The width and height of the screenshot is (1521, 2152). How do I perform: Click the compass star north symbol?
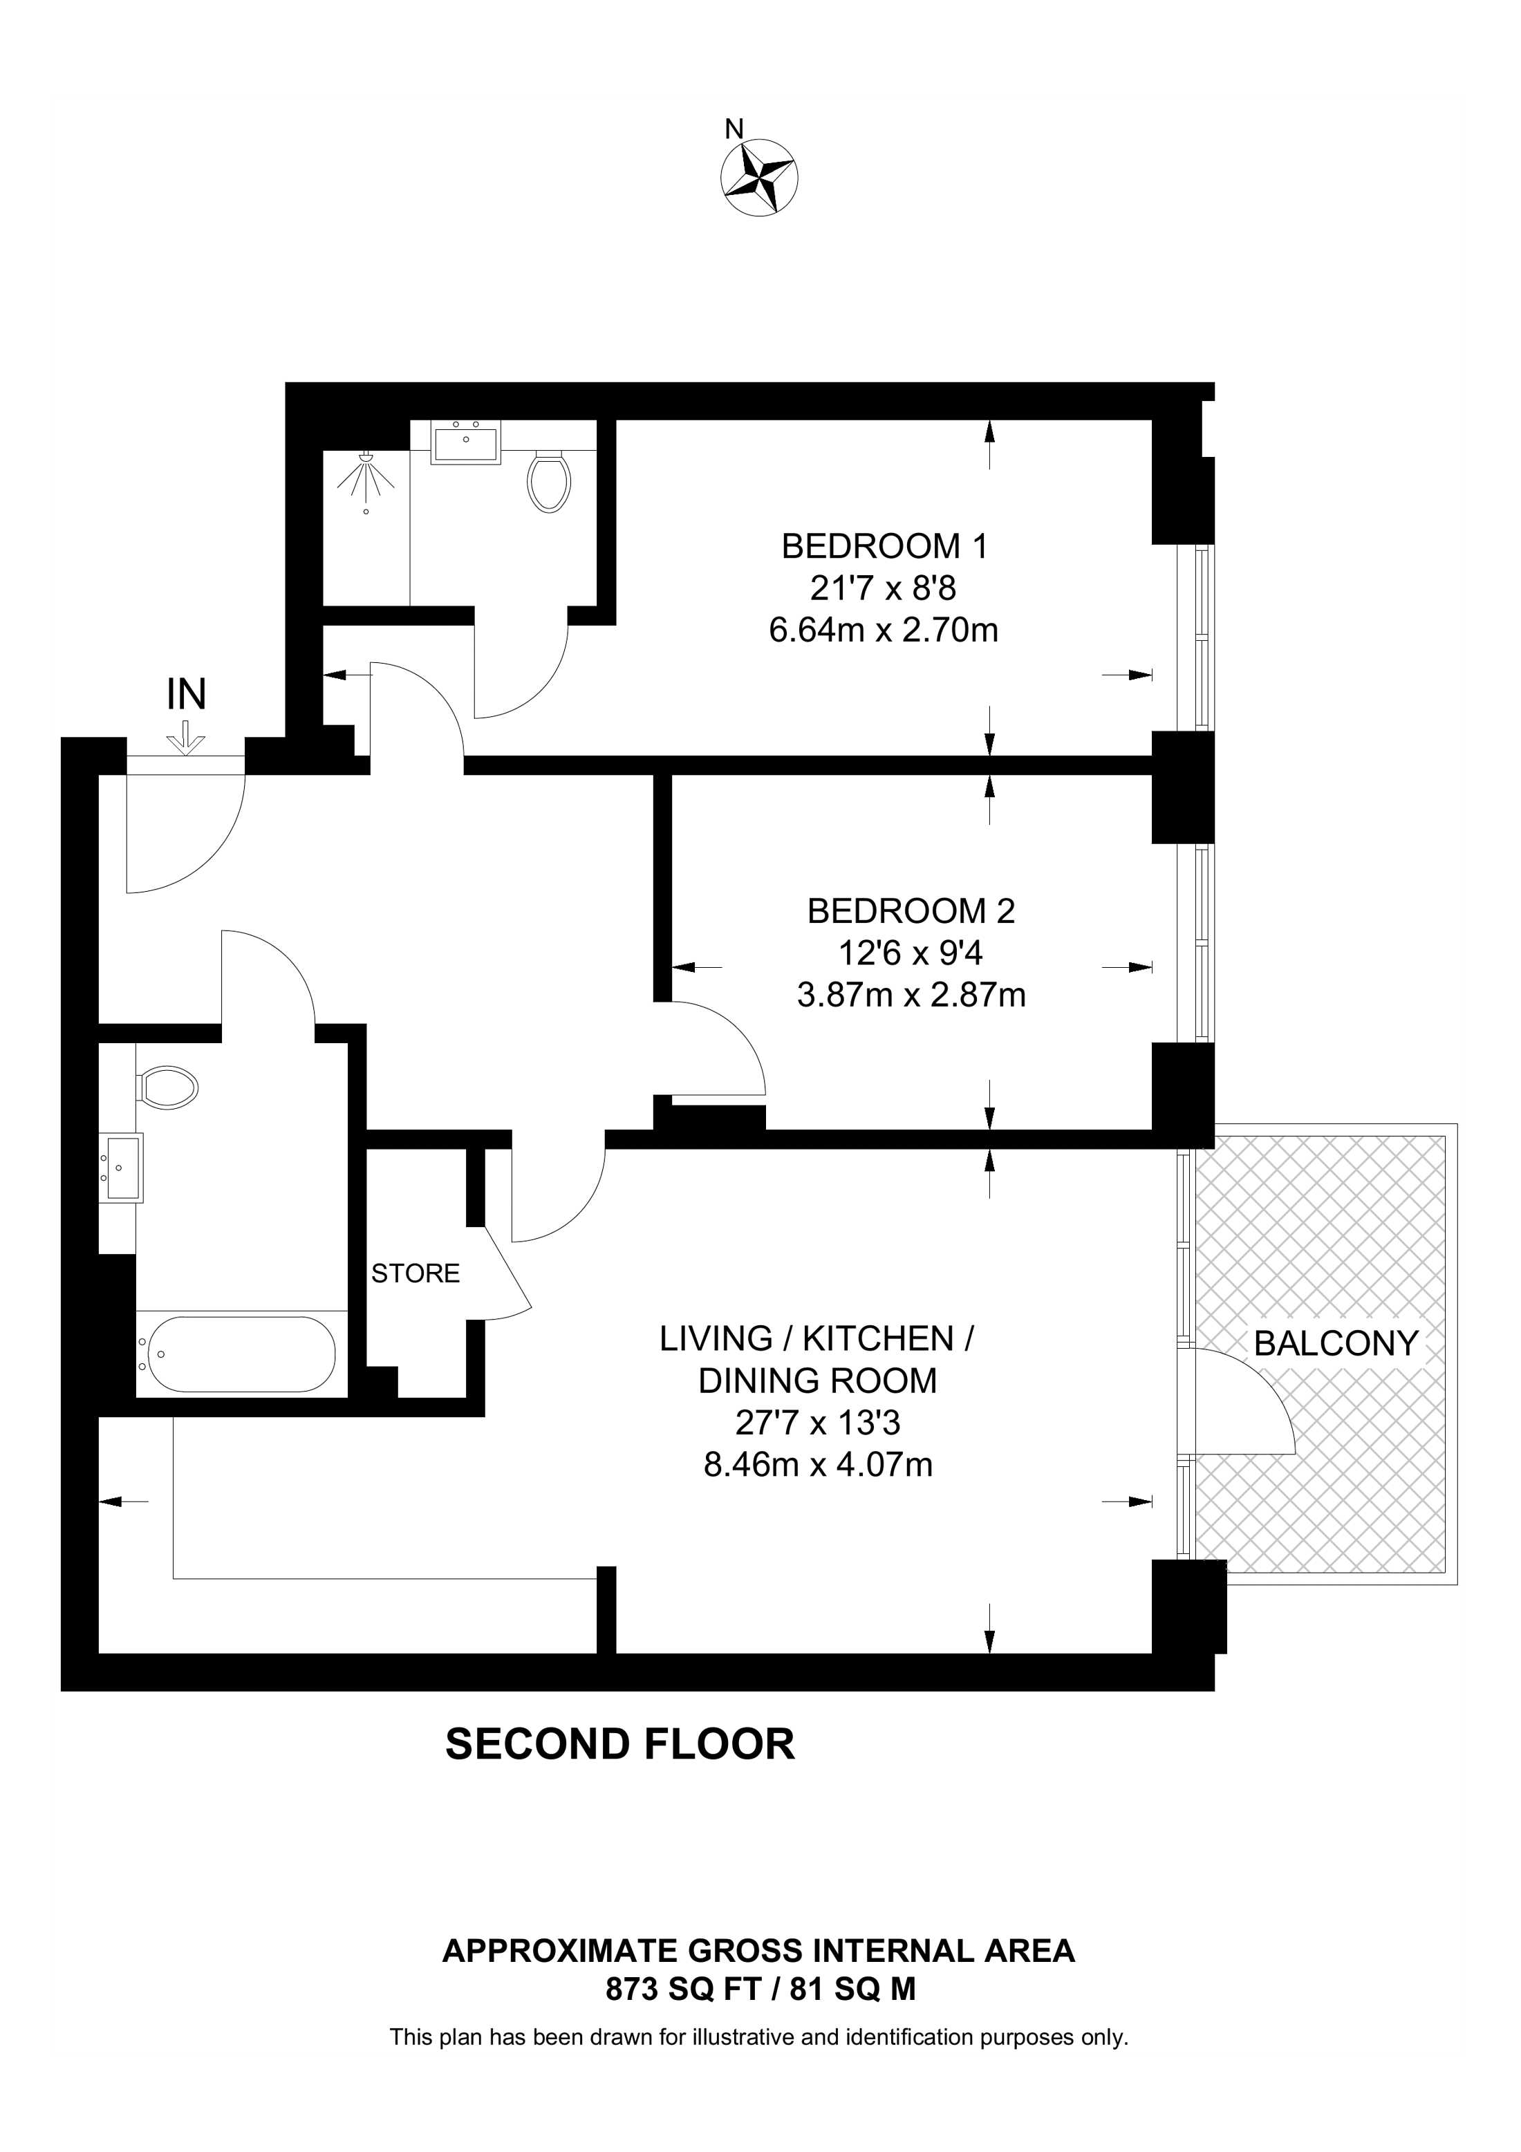(759, 177)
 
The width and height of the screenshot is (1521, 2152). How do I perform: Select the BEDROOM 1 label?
(885, 545)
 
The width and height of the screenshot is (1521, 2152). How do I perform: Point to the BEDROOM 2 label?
(911, 911)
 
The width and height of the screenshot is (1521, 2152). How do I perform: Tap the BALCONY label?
(1336, 1343)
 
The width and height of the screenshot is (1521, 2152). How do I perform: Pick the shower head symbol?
(366, 474)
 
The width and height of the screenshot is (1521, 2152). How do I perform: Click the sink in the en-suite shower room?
(466, 442)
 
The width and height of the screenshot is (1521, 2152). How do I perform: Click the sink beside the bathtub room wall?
(121, 1167)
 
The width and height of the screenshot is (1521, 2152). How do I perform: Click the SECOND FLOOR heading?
(619, 1744)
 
